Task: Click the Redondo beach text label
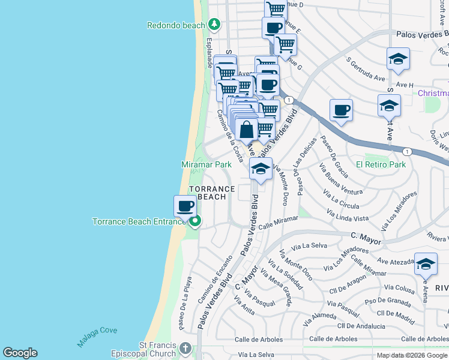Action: [176, 25]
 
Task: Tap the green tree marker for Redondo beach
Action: [214, 25]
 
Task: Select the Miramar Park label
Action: [206, 164]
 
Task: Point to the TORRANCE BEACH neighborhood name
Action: [208, 193]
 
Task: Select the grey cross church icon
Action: [185, 348]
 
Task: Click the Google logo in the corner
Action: [20, 353]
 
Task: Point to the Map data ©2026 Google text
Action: [412, 355]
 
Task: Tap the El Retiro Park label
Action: [381, 164]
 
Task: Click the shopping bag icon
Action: [247, 128]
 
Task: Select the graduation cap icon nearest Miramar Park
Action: [260, 169]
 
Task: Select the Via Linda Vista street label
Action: [348, 216]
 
